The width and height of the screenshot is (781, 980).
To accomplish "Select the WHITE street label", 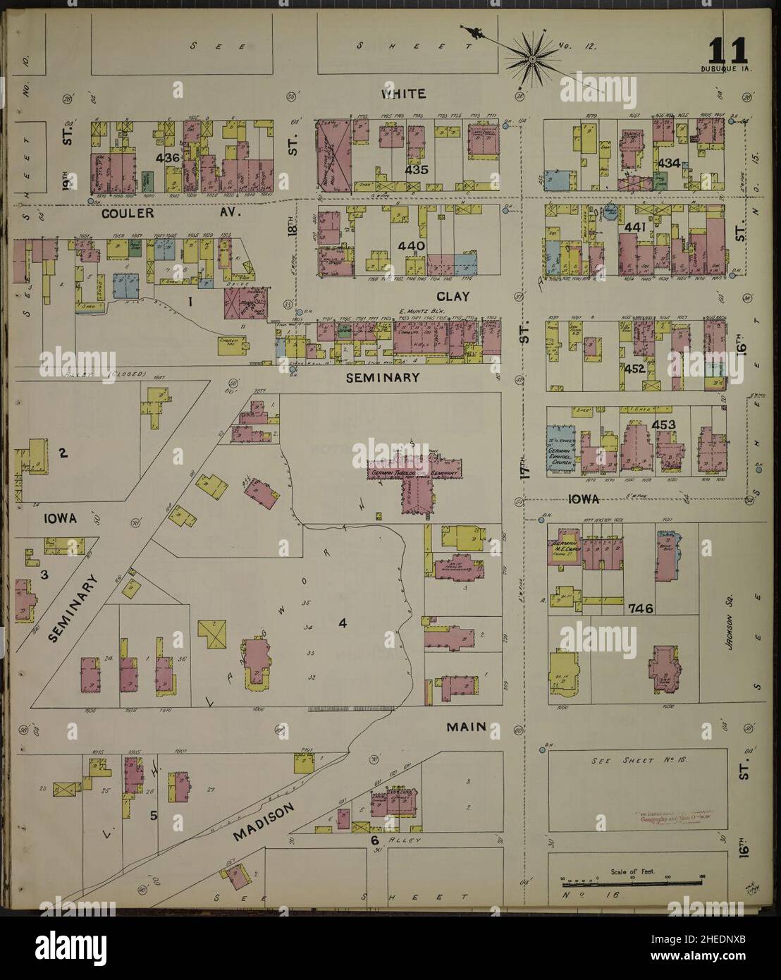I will [x=403, y=93].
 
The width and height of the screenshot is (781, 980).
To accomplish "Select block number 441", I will [x=636, y=227].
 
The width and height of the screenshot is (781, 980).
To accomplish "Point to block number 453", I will [x=664, y=424].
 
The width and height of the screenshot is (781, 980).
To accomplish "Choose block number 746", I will [x=641, y=608].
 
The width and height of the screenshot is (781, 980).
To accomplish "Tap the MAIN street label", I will [x=467, y=726].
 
